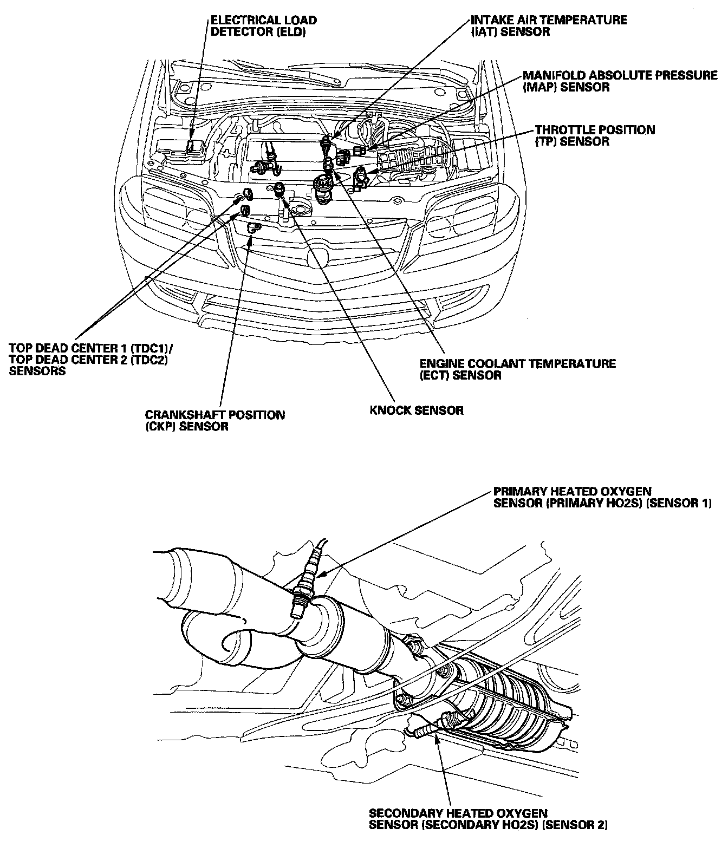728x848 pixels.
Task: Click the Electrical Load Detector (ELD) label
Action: [263, 26]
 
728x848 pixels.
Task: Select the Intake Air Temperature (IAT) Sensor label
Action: [548, 26]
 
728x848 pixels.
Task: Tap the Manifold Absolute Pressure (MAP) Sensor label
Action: [620, 81]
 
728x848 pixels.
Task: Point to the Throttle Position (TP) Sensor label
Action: [595, 135]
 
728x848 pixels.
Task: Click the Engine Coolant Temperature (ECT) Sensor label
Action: [517, 369]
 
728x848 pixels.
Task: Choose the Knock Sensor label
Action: [416, 410]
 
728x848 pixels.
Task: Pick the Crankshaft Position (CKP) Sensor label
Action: [214, 421]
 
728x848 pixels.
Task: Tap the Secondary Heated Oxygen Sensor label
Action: [487, 819]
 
